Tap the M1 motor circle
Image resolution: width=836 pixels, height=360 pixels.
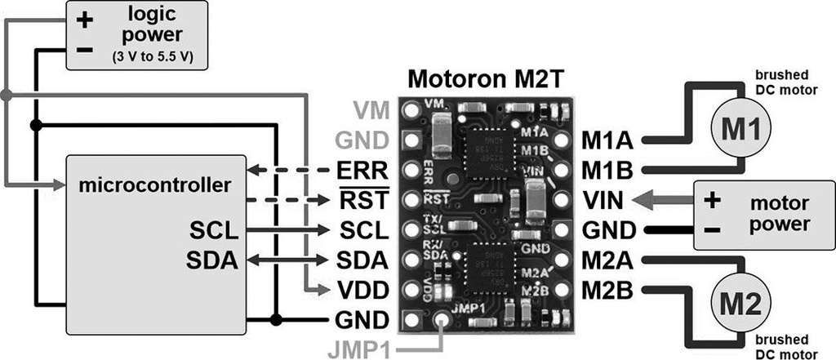(x=739, y=129)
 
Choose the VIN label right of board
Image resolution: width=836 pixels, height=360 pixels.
(x=605, y=199)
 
